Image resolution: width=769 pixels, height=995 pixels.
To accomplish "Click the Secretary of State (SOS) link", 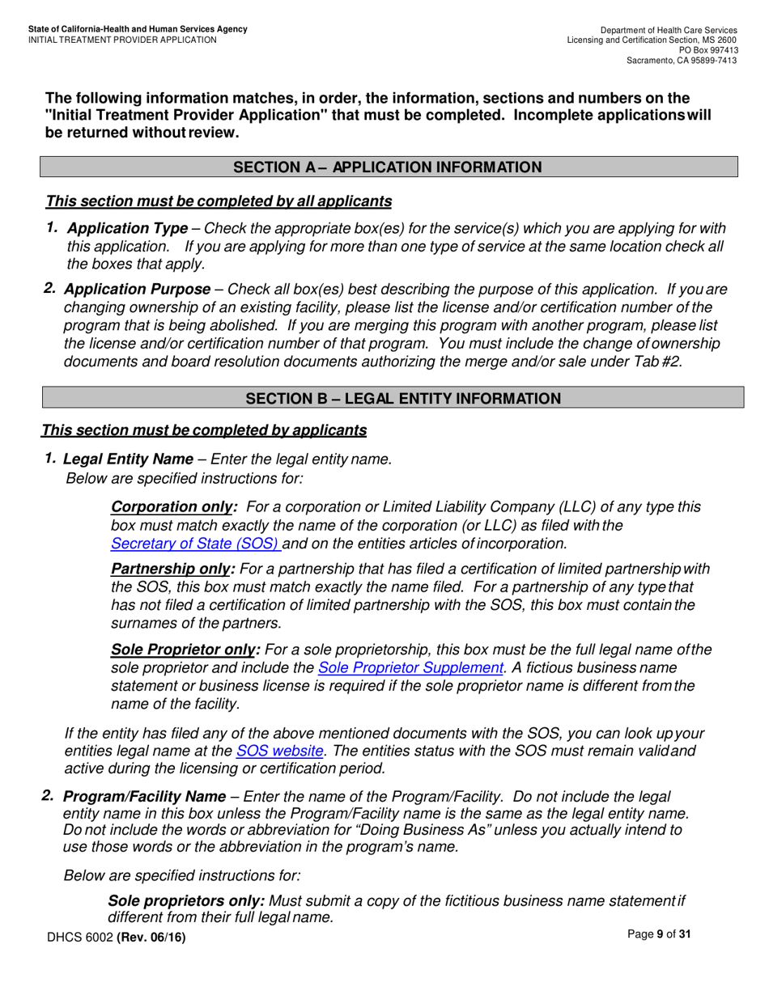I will (x=194, y=544).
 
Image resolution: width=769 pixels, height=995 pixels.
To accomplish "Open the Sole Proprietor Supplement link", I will (x=410, y=667).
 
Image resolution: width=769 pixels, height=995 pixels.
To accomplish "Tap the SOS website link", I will (x=279, y=751).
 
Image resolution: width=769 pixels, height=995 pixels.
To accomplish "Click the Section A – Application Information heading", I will (x=388, y=167).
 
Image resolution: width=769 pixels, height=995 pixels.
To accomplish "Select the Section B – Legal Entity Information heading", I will (x=402, y=399).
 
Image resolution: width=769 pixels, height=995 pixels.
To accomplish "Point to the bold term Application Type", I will (x=128, y=229).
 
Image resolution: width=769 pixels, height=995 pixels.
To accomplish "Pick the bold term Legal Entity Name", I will (x=128, y=459).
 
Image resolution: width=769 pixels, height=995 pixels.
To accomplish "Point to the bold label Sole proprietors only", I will (x=185, y=900).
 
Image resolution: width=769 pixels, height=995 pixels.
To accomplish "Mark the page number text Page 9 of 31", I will (x=660, y=934).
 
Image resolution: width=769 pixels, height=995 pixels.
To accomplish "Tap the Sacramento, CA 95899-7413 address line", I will (x=682, y=61).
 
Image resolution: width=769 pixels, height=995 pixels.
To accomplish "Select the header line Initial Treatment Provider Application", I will (x=122, y=40).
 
